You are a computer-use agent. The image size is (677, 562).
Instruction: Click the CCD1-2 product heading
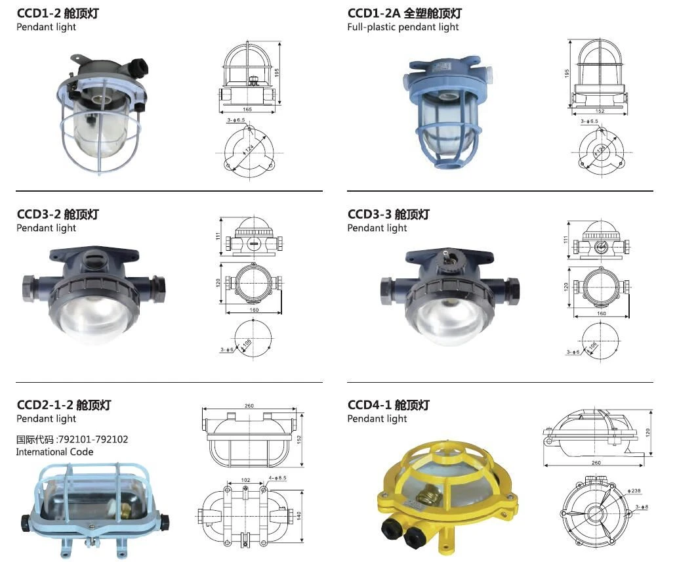pos(58,13)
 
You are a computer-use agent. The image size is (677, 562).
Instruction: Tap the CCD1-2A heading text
pos(405,13)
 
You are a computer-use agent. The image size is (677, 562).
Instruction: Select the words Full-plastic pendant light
pos(403,27)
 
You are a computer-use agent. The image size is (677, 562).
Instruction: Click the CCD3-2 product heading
pos(58,214)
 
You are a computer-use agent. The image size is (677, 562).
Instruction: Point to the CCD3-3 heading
pos(388,214)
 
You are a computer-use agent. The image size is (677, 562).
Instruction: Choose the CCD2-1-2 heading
pos(64,405)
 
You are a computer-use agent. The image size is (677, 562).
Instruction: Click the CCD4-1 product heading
pos(388,405)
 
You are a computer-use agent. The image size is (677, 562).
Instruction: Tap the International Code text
pos(54,452)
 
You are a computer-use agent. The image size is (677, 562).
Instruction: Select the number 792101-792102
pos(93,439)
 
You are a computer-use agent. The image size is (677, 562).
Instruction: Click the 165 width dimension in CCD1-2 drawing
pos(247,109)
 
